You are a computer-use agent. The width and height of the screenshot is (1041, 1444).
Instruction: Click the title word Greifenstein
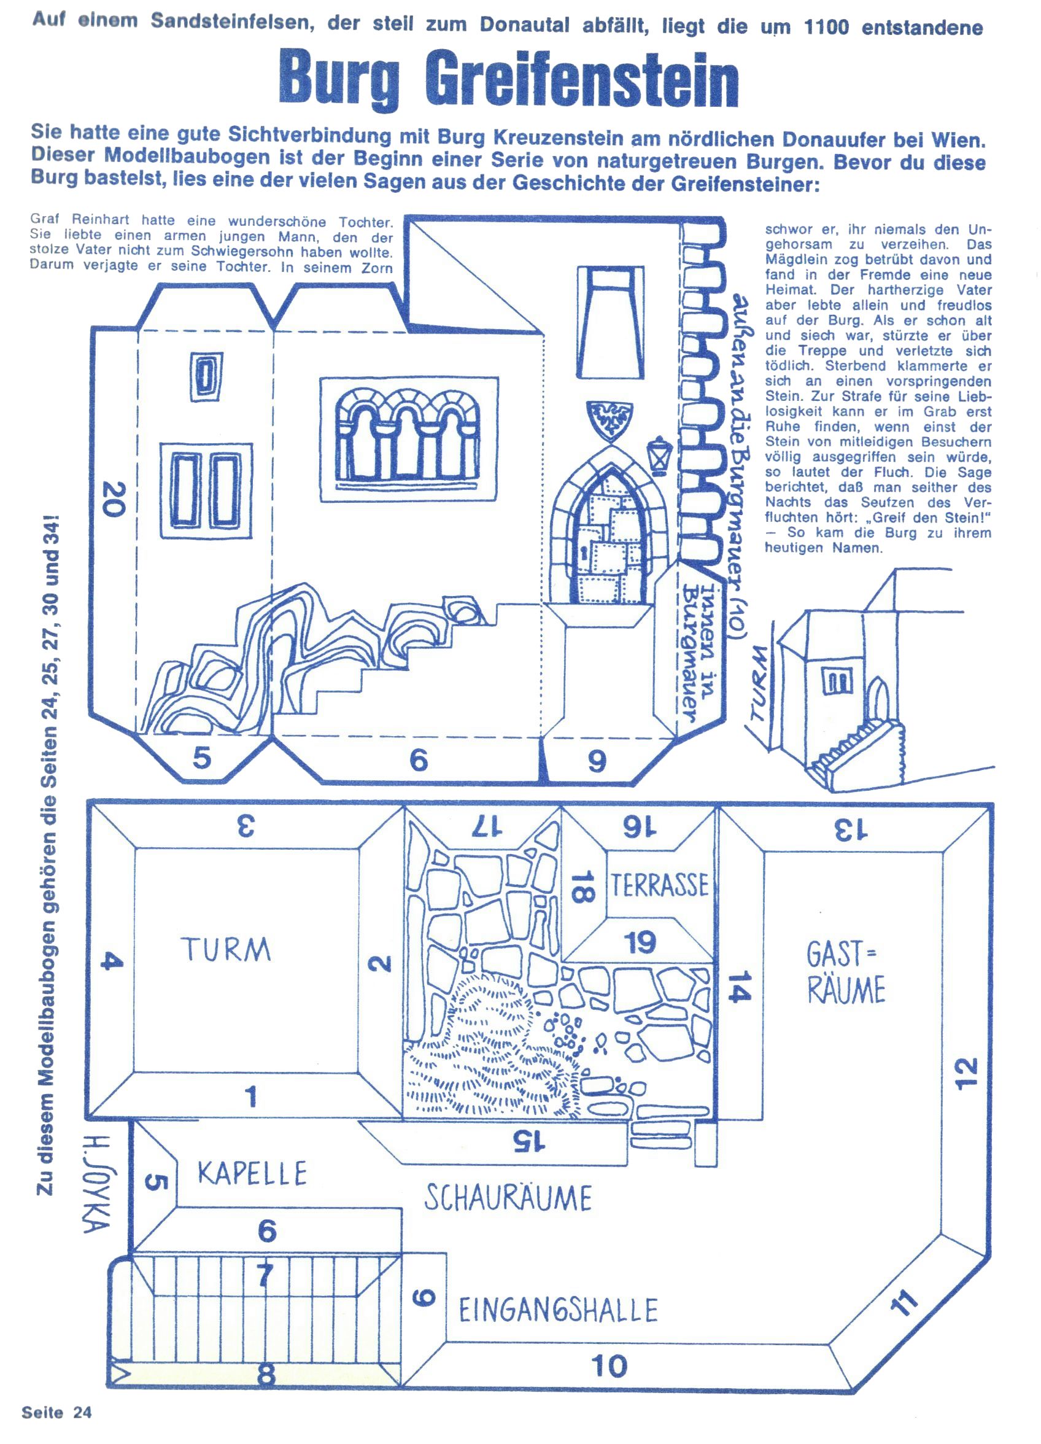[581, 81]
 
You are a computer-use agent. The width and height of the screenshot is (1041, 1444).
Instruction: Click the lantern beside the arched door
[659, 454]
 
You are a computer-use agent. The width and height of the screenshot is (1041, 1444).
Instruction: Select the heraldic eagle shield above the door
[610, 419]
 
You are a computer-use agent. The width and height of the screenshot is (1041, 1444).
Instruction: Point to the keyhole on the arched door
[584, 551]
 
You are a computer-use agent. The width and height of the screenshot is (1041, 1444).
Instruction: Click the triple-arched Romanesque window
[409, 437]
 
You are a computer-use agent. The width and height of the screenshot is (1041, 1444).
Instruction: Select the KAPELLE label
[252, 1173]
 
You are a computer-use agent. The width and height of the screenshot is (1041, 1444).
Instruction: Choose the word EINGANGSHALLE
[559, 1311]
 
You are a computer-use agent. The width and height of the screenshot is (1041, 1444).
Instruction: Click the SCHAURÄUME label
[508, 1198]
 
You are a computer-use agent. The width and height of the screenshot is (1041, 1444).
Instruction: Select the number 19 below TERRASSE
[640, 943]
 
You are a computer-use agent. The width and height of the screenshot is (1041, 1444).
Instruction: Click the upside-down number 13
[851, 829]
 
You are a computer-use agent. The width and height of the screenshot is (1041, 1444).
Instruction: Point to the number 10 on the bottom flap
[610, 1365]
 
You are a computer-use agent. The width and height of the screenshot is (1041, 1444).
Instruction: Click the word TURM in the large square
[226, 950]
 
